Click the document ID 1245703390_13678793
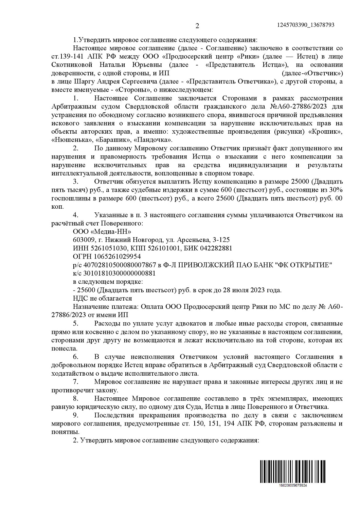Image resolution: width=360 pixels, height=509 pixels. [x=306, y=25]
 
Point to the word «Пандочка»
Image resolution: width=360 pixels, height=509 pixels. [x=153, y=140]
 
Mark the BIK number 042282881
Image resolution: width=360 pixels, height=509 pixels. [x=213, y=248]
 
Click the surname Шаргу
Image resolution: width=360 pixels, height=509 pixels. [x=77, y=81]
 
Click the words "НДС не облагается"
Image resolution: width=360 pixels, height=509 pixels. [x=102, y=299]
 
